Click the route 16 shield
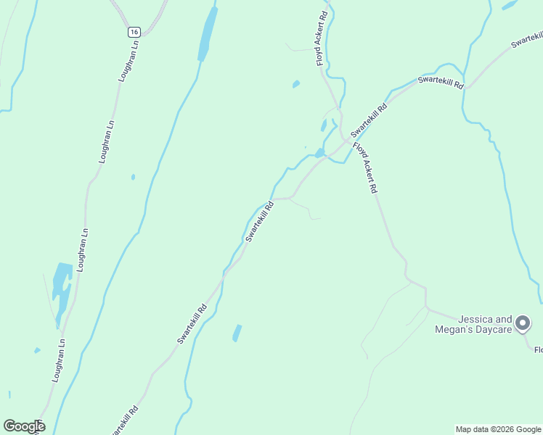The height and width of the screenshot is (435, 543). tap(134, 32)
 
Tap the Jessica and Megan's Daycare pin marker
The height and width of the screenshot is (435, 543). tap(523, 323)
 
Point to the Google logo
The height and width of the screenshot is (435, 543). tap(24, 426)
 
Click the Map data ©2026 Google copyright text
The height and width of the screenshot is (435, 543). tap(499, 429)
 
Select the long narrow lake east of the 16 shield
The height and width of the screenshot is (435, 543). tap(208, 35)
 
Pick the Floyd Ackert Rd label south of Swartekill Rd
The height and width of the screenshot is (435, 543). tap(365, 167)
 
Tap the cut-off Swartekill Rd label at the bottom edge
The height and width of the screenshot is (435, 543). tap(125, 420)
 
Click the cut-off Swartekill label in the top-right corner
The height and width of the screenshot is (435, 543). tap(527, 40)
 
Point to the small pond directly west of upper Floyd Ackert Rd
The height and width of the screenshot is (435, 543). tap(296, 84)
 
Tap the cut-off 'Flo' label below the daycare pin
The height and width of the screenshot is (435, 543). tap(538, 351)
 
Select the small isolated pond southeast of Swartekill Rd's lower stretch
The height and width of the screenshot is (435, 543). tap(237, 333)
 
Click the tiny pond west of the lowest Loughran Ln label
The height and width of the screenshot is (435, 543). tap(37, 351)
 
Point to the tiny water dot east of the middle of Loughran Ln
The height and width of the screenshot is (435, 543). tap(133, 177)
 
